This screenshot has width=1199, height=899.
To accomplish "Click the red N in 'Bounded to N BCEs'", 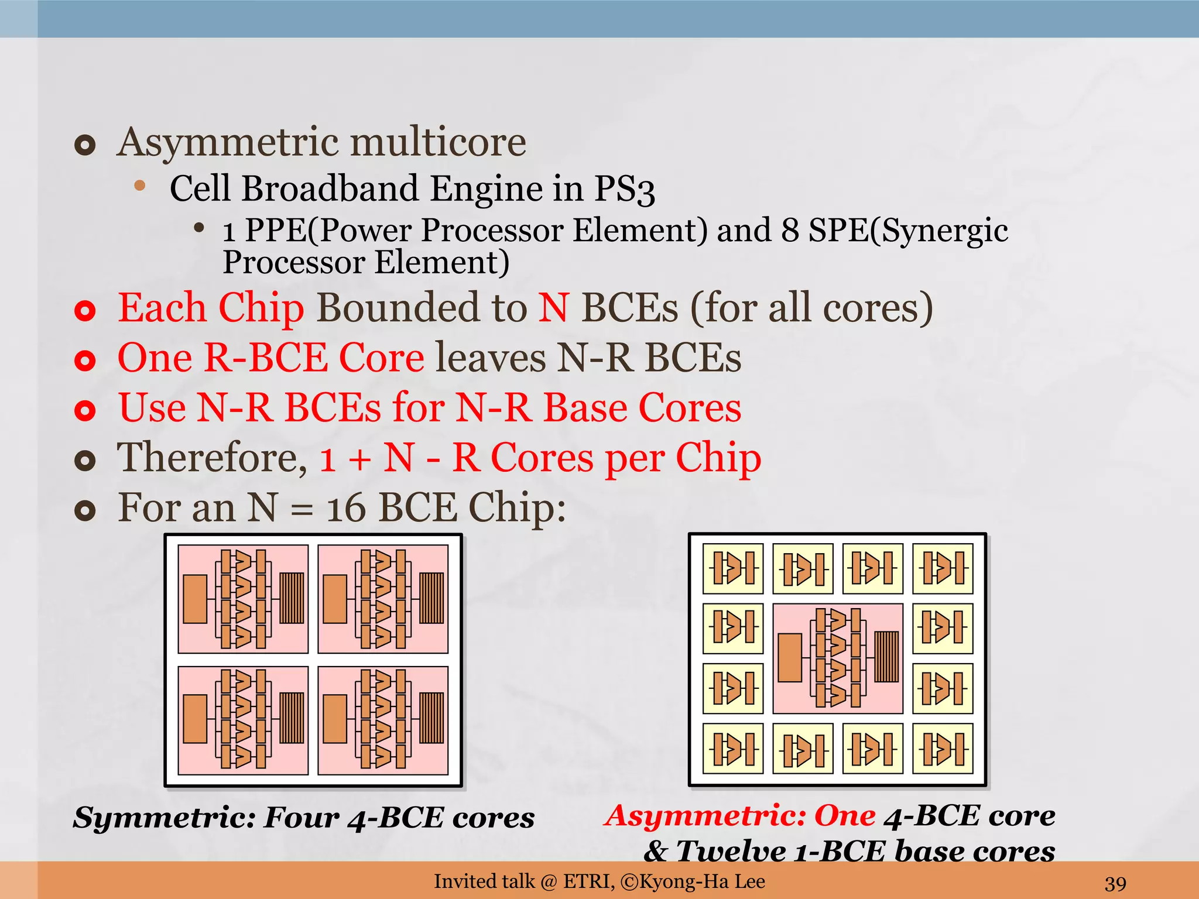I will (x=553, y=308).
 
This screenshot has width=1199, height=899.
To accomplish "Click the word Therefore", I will (x=212, y=458).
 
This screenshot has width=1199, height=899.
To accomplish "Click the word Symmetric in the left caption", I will (x=165, y=818).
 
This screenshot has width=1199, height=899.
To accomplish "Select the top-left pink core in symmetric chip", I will (x=243, y=599).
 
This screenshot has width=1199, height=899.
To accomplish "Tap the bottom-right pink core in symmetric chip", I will (x=383, y=720).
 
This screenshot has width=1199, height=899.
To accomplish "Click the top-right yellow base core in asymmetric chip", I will (x=943, y=568).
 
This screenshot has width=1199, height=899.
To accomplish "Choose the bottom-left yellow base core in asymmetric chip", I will (x=733, y=749).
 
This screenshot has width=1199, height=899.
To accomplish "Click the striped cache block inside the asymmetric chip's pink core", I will (x=886, y=657).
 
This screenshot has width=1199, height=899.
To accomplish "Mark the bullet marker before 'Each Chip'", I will (x=85, y=310).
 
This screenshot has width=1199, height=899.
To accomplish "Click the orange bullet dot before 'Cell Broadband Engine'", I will (x=139, y=186).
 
